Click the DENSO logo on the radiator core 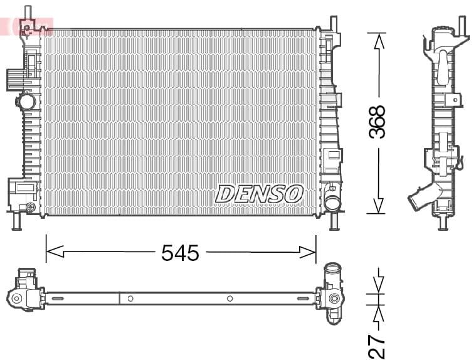[x=260, y=194]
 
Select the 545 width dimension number [x=180, y=253]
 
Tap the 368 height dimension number [x=377, y=122]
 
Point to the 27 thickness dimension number [x=376, y=346]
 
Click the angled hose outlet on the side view [x=420, y=198]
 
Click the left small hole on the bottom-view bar [x=130, y=299]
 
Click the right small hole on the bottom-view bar [x=230, y=299]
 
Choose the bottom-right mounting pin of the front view [x=334, y=221]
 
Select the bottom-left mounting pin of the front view [x=17, y=221]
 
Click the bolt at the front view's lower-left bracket [x=29, y=207]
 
